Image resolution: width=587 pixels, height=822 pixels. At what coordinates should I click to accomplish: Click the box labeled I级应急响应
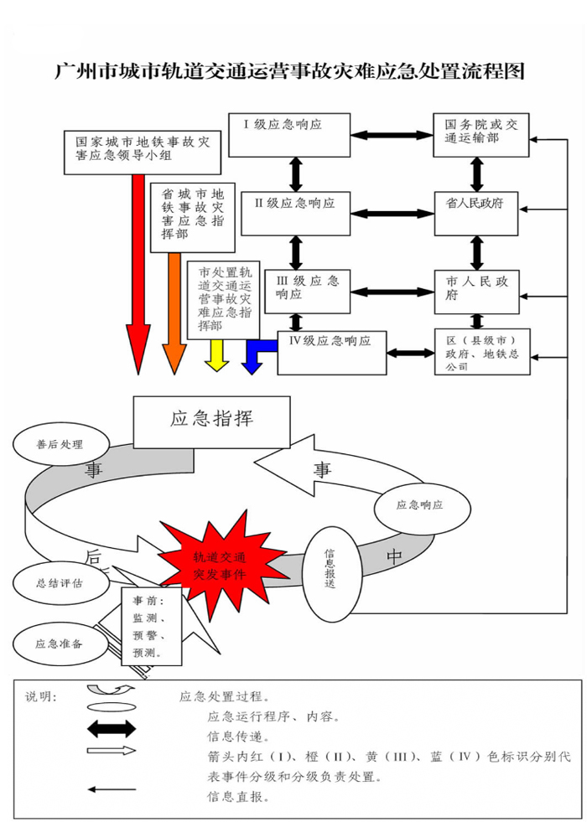(288, 134)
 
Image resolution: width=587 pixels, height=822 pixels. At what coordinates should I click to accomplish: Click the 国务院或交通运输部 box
(481, 134)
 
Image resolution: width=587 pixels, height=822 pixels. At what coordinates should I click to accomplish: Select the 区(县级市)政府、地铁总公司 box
(481, 353)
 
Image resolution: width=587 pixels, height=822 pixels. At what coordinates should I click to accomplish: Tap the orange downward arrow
(175, 314)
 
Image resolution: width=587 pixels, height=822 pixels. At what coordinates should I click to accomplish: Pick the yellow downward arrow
(216, 355)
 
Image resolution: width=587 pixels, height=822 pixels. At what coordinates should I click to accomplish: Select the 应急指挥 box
(211, 421)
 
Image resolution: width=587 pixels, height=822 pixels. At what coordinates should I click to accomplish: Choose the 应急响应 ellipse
(419, 505)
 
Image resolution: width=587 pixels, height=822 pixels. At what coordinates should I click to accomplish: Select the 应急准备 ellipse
(59, 644)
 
